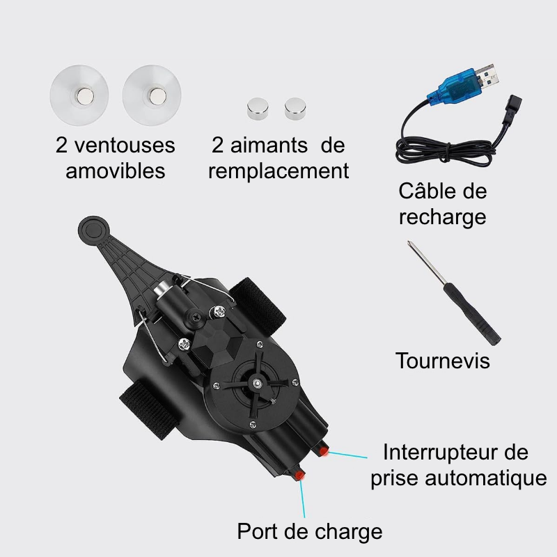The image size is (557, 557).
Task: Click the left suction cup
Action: point(79,95)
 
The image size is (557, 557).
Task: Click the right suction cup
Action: point(152,95)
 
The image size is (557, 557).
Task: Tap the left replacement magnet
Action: point(258,109)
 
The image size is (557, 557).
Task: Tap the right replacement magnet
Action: point(295,109)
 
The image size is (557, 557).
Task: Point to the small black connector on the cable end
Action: point(512,106)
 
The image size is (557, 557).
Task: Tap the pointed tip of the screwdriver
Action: point(409,242)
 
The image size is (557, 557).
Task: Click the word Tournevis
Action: point(442,361)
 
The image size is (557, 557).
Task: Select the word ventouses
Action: point(125,146)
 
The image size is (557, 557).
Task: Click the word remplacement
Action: point(278,171)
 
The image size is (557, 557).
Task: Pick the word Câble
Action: point(421,191)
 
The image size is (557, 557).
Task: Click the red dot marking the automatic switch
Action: point(323,452)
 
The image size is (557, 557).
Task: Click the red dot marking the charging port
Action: point(300,475)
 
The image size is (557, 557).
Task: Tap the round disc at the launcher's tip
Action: point(93,230)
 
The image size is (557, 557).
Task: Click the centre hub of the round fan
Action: point(256,382)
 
